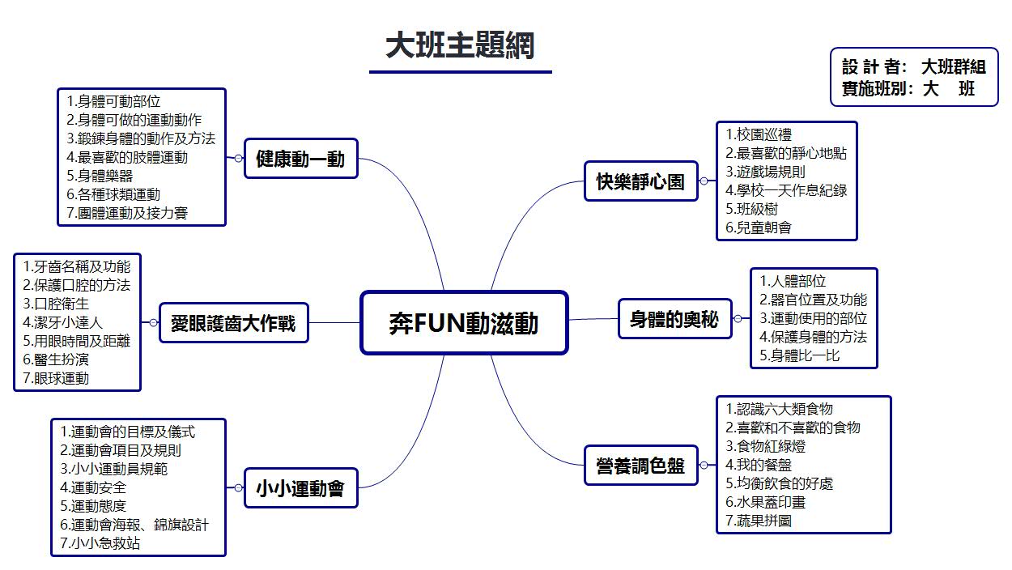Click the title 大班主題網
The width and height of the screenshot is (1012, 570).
(460, 45)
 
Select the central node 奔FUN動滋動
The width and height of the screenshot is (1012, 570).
(463, 323)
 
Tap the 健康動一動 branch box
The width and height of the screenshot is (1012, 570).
(300, 159)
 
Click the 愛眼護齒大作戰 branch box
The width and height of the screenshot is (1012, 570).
(233, 323)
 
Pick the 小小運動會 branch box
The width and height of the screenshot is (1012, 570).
(300, 488)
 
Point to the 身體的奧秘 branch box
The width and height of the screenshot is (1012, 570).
(674, 319)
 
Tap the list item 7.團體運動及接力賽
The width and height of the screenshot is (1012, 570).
(133, 213)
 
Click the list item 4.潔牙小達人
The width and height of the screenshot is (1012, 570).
(63, 321)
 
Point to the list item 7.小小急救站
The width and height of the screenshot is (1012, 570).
(100, 543)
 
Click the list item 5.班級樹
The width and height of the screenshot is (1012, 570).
(752, 209)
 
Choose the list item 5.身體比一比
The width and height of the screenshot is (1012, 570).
(800, 355)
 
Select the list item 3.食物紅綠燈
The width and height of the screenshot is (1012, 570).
(766, 446)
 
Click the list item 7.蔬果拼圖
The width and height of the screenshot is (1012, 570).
(759, 521)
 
